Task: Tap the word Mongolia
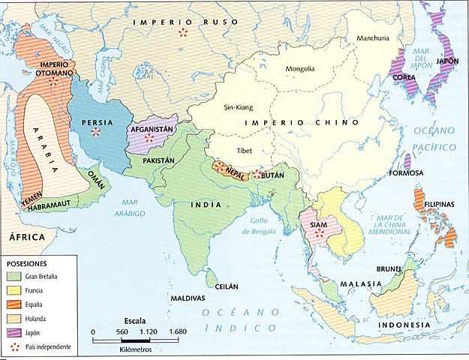point(304,70)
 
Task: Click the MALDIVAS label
point(188,298)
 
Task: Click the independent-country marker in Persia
point(95,133)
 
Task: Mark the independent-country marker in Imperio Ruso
point(183,33)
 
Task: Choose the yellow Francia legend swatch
point(14,290)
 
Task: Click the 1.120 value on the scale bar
point(149,331)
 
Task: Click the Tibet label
point(245,150)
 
